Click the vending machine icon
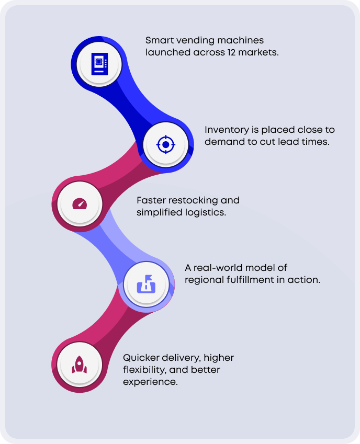point(99,64)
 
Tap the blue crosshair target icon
point(166,144)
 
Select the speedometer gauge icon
point(80,203)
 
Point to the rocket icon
point(80,364)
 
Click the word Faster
point(152,200)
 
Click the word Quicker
point(141,358)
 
